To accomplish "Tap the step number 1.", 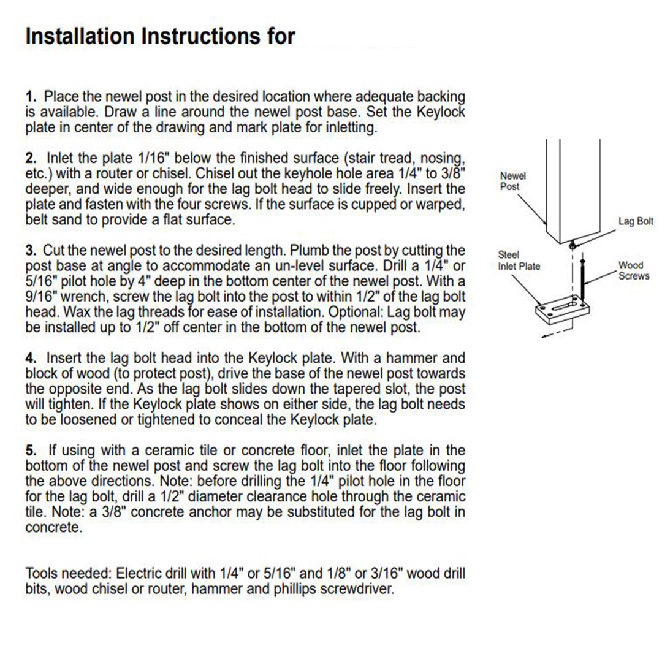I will point(31,97).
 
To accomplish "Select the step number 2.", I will point(31,159).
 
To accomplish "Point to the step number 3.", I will point(31,251).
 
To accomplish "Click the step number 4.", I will point(31,357).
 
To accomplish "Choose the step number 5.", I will point(31,451).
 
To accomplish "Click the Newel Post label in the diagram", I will point(513,181).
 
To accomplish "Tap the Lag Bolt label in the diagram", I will point(636,221).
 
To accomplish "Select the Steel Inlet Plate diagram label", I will point(519,260).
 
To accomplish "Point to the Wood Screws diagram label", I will point(633,270).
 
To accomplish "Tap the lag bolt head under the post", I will point(572,245).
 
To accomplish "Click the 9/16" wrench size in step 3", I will point(42,297).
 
